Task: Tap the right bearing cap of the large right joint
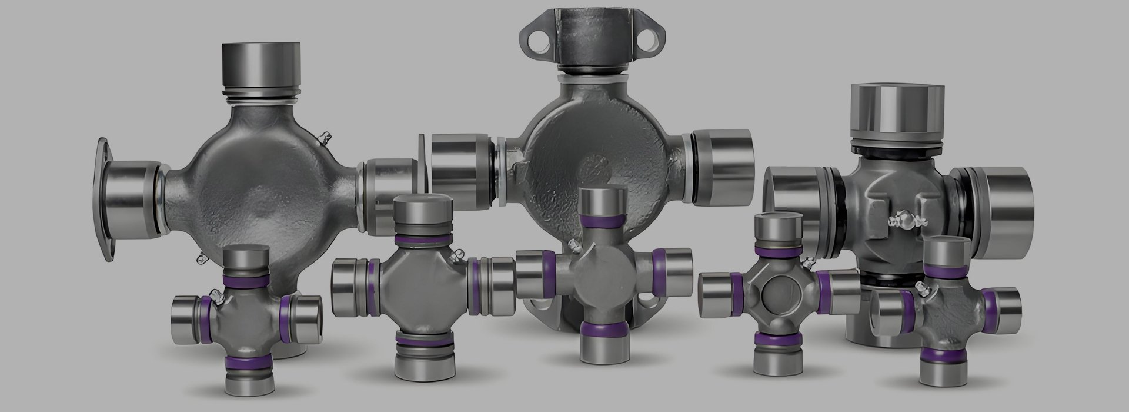1002,200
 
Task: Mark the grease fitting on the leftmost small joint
219,300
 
